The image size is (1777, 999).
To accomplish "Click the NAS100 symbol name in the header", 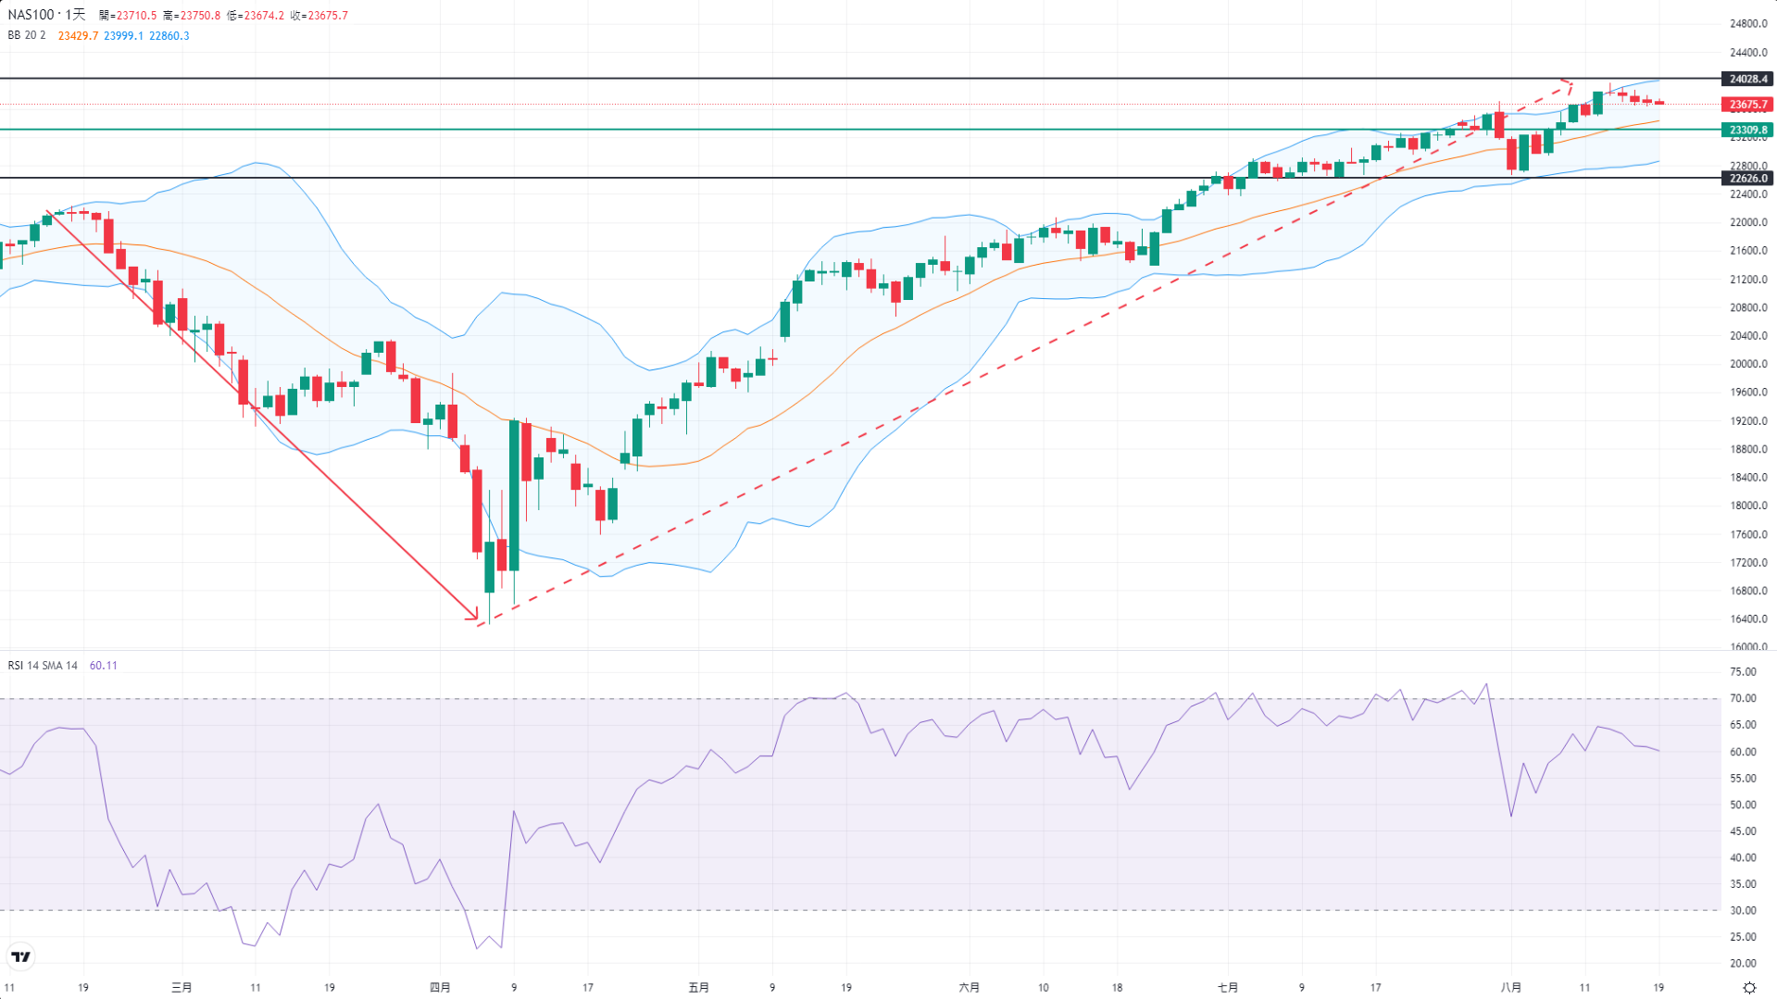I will pyautogui.click(x=31, y=15).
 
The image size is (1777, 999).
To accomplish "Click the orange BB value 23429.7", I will pyautogui.click(x=78, y=36).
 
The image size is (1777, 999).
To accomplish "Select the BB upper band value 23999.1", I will pyautogui.click(x=123, y=36).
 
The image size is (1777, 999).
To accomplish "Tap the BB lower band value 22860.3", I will pyautogui.click(x=169, y=36).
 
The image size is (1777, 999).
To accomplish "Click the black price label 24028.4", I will pyautogui.click(x=1747, y=80).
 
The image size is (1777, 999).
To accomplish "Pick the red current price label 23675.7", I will pyautogui.click(x=1747, y=105).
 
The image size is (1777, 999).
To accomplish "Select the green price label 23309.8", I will pyautogui.click(x=1747, y=130).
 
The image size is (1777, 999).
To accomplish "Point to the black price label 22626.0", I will pyautogui.click(x=1747, y=178).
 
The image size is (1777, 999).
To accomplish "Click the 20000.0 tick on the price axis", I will pyautogui.click(x=1747, y=364).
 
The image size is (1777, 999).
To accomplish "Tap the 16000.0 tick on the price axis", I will pyautogui.click(x=1747, y=647).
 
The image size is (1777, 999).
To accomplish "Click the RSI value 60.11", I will pyautogui.click(x=103, y=666).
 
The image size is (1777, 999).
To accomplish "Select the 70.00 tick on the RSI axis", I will pyautogui.click(x=1743, y=699).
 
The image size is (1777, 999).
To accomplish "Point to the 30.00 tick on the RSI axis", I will pyautogui.click(x=1743, y=911).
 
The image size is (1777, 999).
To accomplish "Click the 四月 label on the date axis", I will pyautogui.click(x=440, y=988).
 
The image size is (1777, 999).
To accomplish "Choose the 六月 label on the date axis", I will pyautogui.click(x=969, y=988).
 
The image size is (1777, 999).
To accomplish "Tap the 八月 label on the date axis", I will pyautogui.click(x=1510, y=988).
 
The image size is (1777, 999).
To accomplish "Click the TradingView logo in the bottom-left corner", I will pyautogui.click(x=20, y=956).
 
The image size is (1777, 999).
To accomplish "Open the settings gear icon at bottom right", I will pyautogui.click(x=1749, y=988).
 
